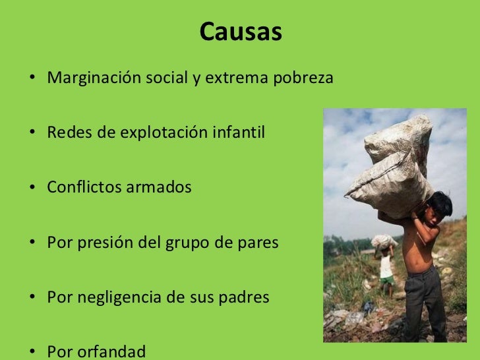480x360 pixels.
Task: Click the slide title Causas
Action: pos(240,31)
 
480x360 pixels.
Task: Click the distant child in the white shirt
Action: pos(386,269)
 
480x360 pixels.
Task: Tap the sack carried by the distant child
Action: pos(384,241)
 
